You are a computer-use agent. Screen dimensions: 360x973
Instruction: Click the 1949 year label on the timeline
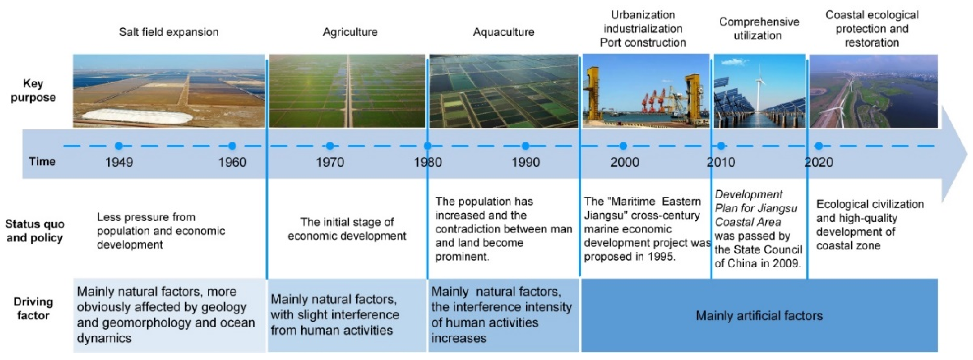119,162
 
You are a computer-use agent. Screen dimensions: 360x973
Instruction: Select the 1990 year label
525,162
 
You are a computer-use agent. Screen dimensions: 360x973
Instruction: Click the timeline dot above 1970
330,146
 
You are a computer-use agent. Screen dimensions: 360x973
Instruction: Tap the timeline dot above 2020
819,146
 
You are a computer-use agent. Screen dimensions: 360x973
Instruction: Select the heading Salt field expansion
169,32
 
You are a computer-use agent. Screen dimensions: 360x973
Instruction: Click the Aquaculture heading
503,32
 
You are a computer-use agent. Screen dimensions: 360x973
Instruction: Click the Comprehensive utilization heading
759,29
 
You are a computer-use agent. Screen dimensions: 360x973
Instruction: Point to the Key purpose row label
33,90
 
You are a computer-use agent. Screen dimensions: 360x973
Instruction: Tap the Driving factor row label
33,308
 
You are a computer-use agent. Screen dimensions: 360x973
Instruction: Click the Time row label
42,161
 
